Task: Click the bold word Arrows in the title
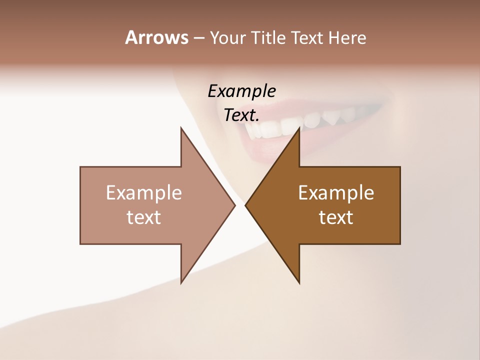point(156,37)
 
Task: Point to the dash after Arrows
point(198,38)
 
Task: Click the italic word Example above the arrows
point(241,91)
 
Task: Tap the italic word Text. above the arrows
point(241,115)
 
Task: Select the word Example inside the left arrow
point(144,193)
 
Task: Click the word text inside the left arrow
point(144,217)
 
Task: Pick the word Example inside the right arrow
point(336,193)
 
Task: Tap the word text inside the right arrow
point(336,217)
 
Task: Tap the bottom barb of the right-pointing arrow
point(182,280)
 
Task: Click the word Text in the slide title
point(308,38)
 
